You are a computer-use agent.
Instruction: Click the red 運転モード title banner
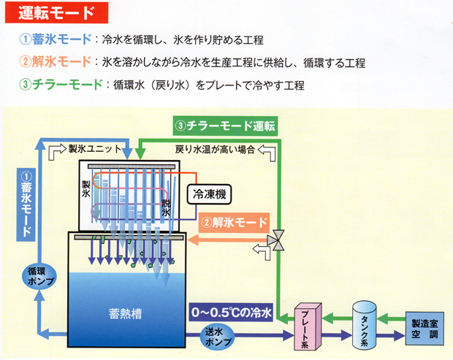tap(57, 12)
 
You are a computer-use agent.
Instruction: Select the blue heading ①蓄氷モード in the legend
tap(56, 39)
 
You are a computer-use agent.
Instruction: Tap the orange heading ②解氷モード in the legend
tap(56, 61)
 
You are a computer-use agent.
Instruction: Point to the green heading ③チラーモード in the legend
tap(61, 84)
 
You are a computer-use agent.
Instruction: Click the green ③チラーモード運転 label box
tap(225, 126)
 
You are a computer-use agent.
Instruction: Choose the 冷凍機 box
tap(209, 194)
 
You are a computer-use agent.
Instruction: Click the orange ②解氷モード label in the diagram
tap(235, 223)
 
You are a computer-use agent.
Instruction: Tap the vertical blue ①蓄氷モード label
tap(26, 204)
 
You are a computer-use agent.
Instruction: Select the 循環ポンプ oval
tap(39, 276)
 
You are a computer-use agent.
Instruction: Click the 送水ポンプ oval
tap(218, 337)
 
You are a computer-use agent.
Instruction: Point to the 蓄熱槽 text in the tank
tap(126, 314)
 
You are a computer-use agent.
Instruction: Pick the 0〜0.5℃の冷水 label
tap(232, 312)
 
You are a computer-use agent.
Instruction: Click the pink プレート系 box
tap(308, 326)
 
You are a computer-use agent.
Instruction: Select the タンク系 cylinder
tap(365, 325)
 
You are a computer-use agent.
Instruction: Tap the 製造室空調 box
tap(425, 329)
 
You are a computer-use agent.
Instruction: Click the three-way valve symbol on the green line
tap(275, 240)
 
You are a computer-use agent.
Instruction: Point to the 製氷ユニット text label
tap(95, 149)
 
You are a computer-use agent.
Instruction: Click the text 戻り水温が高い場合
tap(215, 149)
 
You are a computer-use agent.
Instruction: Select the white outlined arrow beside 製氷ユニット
tap(58, 151)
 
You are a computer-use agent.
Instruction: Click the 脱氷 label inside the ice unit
tap(166, 208)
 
